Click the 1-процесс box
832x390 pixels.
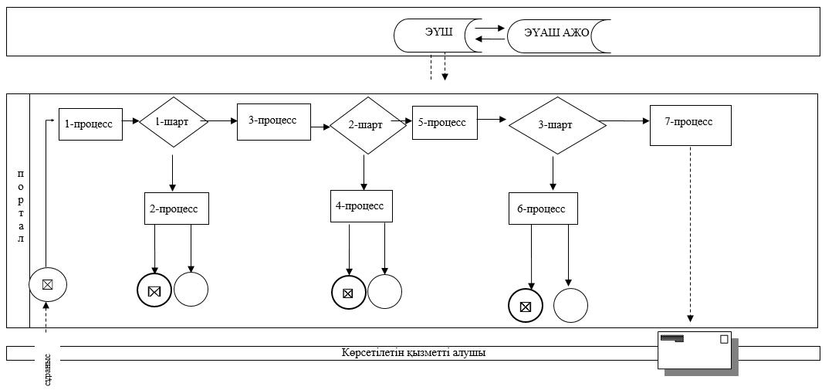pyautogui.click(x=91, y=124)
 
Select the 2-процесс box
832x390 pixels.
pyautogui.click(x=177, y=209)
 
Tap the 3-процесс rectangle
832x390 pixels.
pyautogui.click(x=274, y=122)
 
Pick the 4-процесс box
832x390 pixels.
pyautogui.click(x=361, y=206)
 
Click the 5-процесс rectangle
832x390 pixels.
pyautogui.click(x=445, y=123)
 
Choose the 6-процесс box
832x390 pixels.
pyautogui.click(x=543, y=209)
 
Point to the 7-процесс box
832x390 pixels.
pyautogui.click(x=690, y=125)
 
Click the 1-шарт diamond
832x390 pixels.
pyautogui.click(x=173, y=121)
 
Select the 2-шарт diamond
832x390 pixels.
pyautogui.click(x=367, y=126)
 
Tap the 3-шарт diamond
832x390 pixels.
pyautogui.click(x=557, y=126)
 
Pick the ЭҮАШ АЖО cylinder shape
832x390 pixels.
pyautogui.click(x=559, y=37)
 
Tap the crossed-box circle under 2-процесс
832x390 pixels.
pyautogui.click(x=154, y=291)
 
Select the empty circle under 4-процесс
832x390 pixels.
pyautogui.click(x=384, y=291)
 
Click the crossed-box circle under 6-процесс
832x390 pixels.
pyautogui.click(x=526, y=306)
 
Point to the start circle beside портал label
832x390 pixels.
pyautogui.click(x=47, y=284)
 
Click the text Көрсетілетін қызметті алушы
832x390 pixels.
pyautogui.click(x=414, y=352)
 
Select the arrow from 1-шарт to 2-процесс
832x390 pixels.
pyautogui.click(x=172, y=174)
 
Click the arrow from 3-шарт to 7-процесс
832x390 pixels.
pyautogui.click(x=625, y=121)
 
